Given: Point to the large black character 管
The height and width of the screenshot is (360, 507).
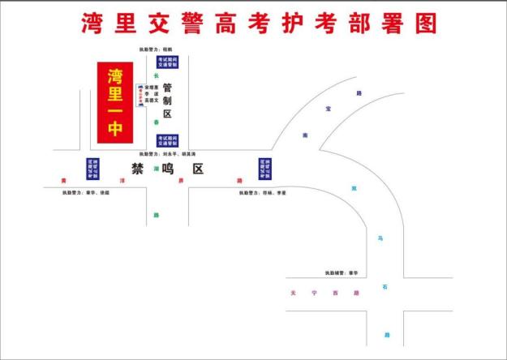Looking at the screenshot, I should click(x=168, y=88).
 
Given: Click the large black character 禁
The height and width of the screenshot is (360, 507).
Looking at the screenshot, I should click(x=138, y=169).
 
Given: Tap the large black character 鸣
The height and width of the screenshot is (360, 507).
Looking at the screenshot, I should click(x=168, y=169).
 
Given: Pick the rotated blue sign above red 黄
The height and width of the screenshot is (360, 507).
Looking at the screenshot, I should click(x=92, y=168).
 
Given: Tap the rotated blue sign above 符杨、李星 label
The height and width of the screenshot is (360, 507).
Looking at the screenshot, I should click(x=264, y=168).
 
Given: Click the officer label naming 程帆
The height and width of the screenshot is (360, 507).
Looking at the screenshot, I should click(x=157, y=50).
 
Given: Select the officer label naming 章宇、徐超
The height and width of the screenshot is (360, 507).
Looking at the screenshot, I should click(x=88, y=193).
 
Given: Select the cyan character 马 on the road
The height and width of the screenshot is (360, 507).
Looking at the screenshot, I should click(x=379, y=238).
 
